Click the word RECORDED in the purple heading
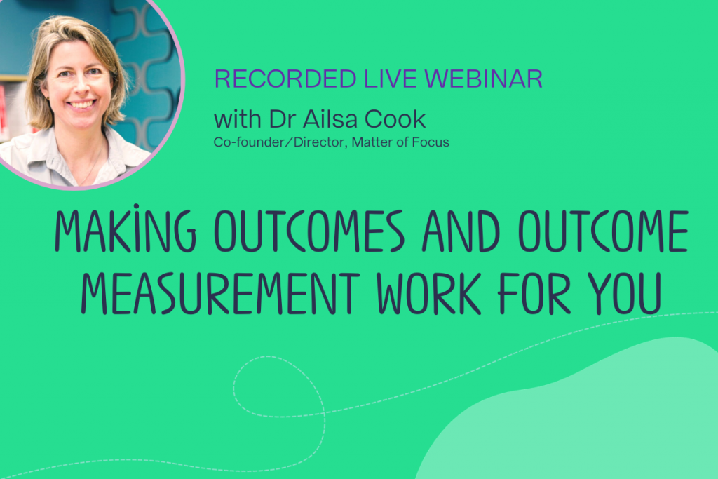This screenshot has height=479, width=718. [285, 79]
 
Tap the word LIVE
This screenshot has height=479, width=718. [391, 79]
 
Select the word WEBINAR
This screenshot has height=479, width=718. [484, 79]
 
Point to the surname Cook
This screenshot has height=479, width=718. [395, 119]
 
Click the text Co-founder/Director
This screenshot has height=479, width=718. [280, 142]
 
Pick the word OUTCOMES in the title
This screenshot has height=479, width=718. [309, 231]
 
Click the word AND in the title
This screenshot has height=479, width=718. [461, 231]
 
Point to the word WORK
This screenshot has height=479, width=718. [429, 293]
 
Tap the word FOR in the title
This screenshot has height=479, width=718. [534, 293]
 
